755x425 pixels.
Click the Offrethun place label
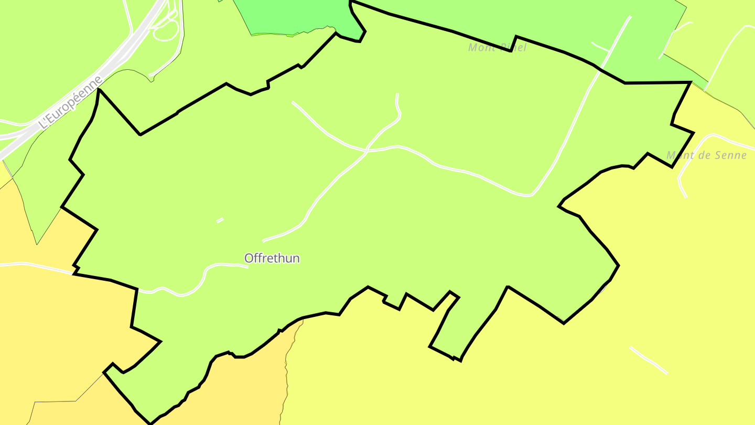[x=272, y=258]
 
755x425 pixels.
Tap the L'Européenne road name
[x=70, y=102]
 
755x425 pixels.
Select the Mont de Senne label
[x=706, y=155]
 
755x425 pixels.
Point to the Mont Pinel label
[x=497, y=48]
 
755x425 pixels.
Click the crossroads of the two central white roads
[x=366, y=151]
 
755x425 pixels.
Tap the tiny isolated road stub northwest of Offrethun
[x=220, y=220]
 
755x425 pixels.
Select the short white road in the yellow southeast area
[x=649, y=360]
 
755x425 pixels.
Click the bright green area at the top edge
[x=294, y=16]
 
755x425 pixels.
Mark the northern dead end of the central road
[x=397, y=95]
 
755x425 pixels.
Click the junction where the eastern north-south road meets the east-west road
[x=531, y=195]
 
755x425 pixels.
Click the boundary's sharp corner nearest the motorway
[x=99, y=90]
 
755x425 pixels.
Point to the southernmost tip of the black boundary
[x=150, y=423]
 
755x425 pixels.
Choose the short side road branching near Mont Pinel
[x=600, y=47]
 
